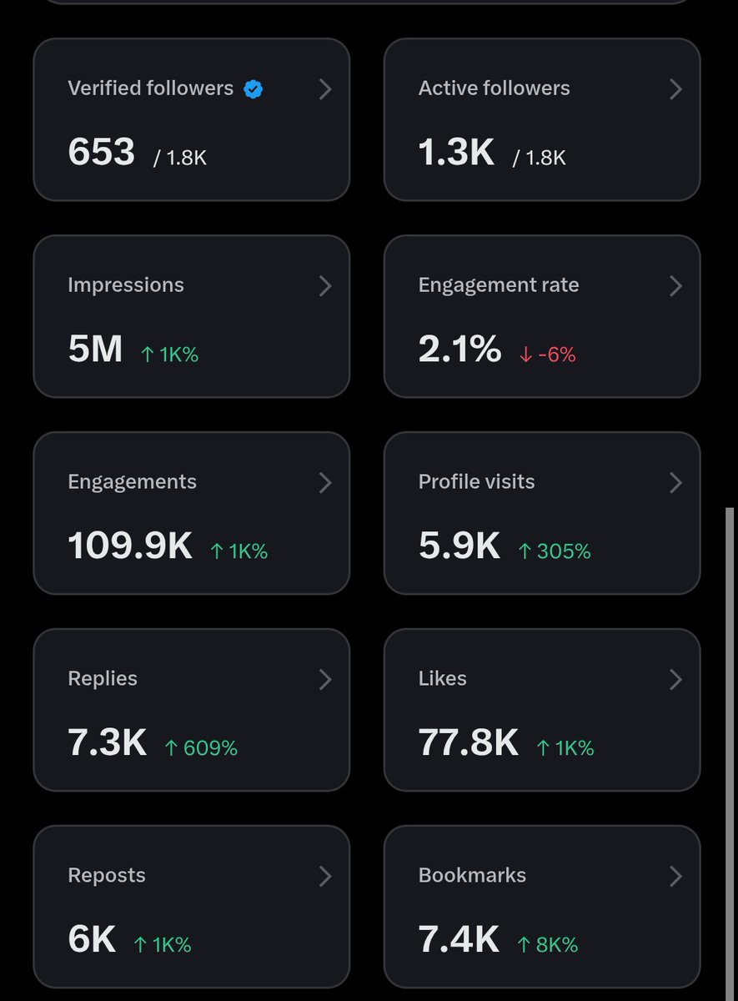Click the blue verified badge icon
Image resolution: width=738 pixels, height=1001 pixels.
click(253, 89)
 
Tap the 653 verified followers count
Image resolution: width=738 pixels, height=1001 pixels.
click(102, 152)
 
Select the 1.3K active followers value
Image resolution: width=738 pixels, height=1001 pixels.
click(456, 152)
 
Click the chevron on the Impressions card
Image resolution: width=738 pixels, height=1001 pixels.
click(325, 286)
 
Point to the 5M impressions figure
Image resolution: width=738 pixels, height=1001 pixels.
click(95, 348)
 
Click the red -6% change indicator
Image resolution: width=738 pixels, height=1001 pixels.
click(548, 355)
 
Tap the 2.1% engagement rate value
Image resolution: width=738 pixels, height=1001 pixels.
click(459, 348)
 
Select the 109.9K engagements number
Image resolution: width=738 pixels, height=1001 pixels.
click(130, 545)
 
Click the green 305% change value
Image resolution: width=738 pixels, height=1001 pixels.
click(555, 551)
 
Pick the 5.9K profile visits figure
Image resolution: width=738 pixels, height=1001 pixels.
click(459, 545)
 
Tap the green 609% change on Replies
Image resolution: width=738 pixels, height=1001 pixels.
click(201, 747)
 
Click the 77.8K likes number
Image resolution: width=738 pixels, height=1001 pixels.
click(469, 742)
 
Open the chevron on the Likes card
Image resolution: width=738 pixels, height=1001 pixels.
click(676, 679)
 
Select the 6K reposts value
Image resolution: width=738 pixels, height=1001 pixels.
click(92, 938)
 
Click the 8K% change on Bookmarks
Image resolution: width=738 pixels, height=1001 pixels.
click(548, 944)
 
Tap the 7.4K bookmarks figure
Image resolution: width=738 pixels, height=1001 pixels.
click(459, 938)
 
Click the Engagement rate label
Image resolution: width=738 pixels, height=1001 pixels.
click(499, 285)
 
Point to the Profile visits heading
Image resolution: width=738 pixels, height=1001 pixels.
click(477, 482)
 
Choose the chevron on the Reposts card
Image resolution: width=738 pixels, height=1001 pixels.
click(325, 876)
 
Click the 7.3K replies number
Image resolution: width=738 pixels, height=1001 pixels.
click(108, 742)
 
